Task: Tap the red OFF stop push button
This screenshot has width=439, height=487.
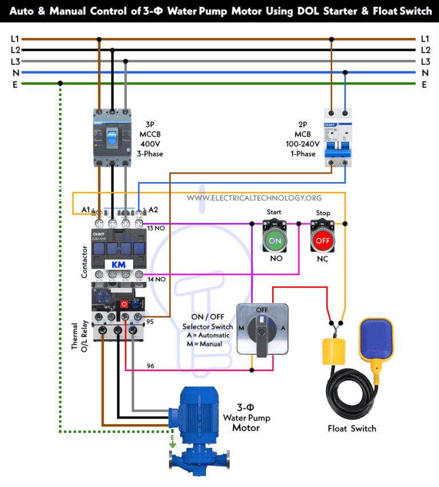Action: tap(323, 240)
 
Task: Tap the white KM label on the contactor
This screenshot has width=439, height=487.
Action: tap(118, 265)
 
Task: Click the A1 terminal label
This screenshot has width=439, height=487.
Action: tap(86, 210)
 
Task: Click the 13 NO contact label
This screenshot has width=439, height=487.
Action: tap(156, 228)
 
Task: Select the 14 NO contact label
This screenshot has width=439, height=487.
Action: tap(156, 279)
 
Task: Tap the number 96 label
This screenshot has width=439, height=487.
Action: tap(150, 365)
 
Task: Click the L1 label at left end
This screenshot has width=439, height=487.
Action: tap(15, 39)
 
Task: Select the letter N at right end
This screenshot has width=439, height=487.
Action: tap(425, 73)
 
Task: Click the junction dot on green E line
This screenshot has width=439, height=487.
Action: tap(60, 84)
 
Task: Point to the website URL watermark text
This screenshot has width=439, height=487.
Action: tap(254, 198)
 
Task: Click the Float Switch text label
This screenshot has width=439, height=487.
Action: tap(352, 428)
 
